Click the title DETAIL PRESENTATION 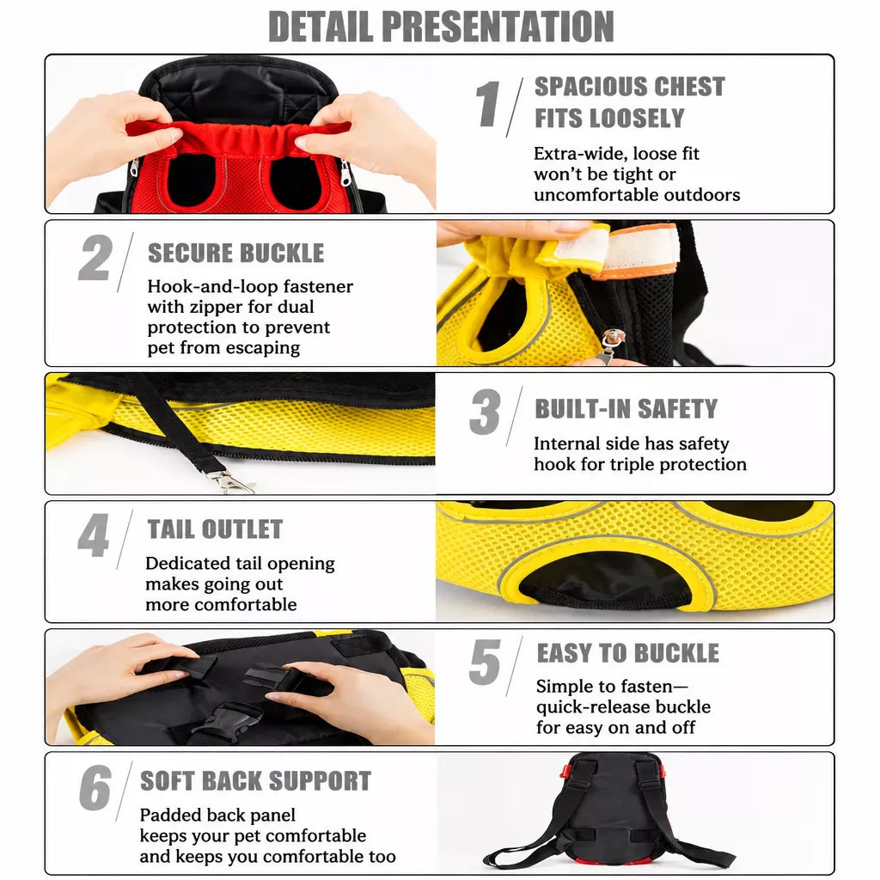tap(441, 27)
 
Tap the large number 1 tap(487, 103)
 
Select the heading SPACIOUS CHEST tap(630, 87)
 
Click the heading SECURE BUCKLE tap(235, 254)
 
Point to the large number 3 tap(485, 412)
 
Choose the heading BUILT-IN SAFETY tap(626, 408)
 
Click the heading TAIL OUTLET tap(215, 529)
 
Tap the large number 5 tap(485, 663)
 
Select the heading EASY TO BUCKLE tap(628, 653)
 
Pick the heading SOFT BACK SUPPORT tap(256, 780)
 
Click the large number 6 tap(95, 787)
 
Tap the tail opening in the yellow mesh tap(605, 579)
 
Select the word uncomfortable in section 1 tap(596, 195)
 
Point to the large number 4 tap(93, 535)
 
